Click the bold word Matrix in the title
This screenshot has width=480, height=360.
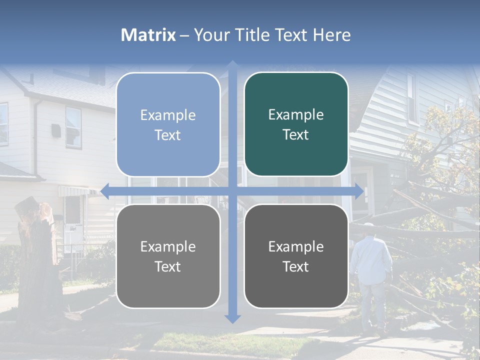coord(148,35)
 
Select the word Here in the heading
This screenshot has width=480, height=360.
coord(332,35)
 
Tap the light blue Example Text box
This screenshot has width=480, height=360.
coord(168,124)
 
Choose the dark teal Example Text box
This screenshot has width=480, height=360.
coord(296,124)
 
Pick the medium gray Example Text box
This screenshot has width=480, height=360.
coord(168,256)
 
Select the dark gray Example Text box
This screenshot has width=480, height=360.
coord(296,256)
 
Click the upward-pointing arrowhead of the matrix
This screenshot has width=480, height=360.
coord(232,65)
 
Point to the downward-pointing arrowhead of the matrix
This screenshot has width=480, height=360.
coord(232,318)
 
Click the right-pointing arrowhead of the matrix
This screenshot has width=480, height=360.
coord(359,190)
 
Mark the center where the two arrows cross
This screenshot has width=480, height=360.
coord(232,190)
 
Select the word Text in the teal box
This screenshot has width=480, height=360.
coord(296,134)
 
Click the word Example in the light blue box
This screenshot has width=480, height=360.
coord(168,115)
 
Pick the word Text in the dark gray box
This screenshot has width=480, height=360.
coord(296,266)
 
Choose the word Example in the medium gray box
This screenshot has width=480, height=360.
coord(168,246)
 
